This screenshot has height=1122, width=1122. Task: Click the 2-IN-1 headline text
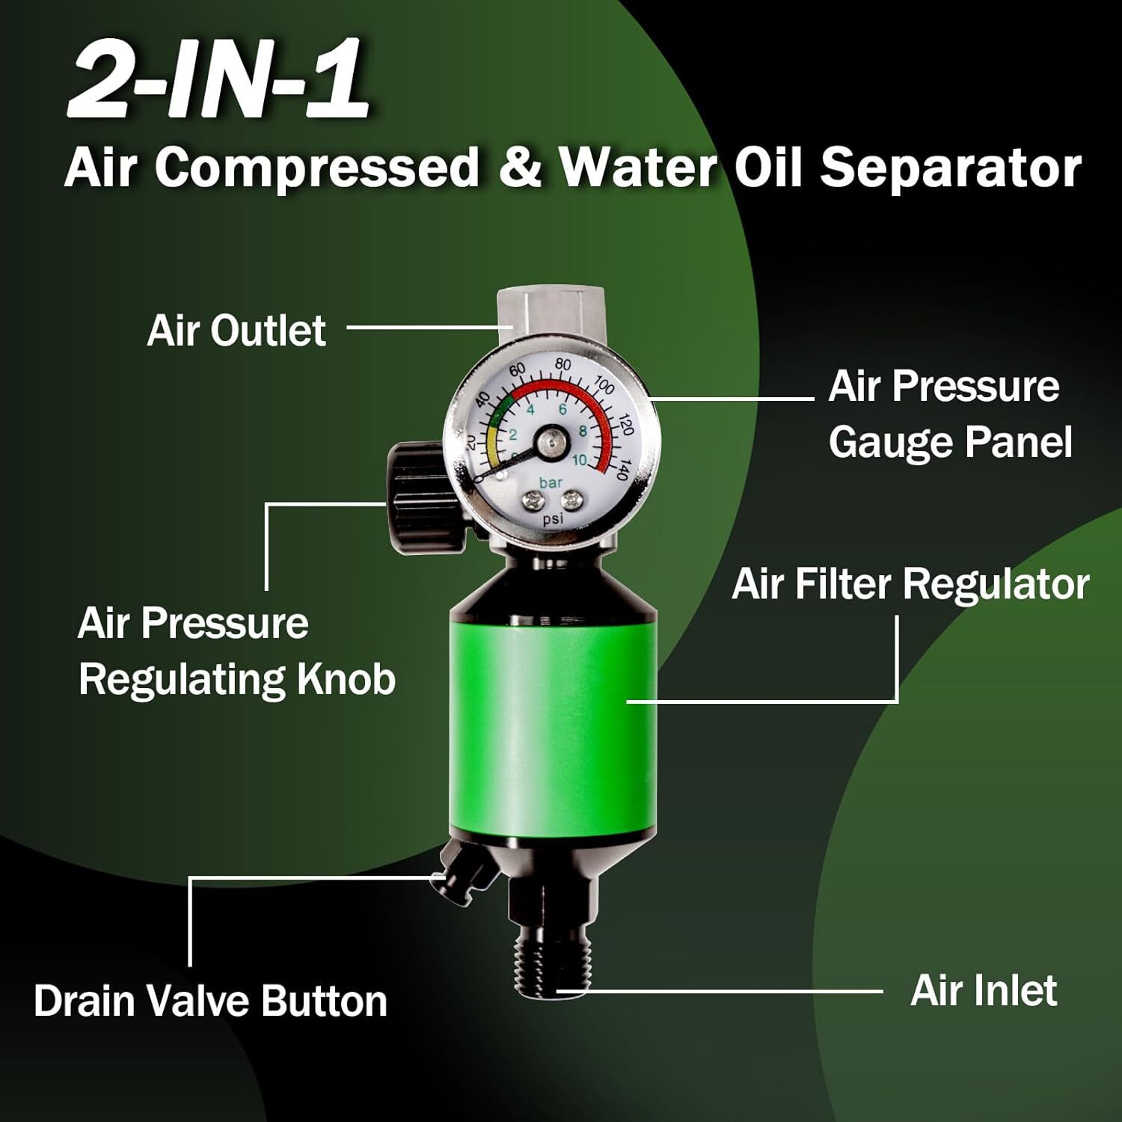pyautogui.click(x=218, y=82)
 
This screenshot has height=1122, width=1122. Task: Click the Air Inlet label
pyautogui.click(x=984, y=990)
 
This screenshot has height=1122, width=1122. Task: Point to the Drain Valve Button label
pyautogui.click(x=210, y=1000)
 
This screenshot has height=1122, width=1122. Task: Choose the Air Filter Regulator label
pyautogui.click(x=910, y=583)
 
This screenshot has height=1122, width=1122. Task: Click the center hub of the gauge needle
pyautogui.click(x=552, y=443)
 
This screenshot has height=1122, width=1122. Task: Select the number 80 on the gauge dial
pyautogui.click(x=562, y=366)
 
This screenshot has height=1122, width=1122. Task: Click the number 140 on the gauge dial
pyautogui.click(x=621, y=470)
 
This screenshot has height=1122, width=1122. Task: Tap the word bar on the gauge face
pyautogui.click(x=551, y=482)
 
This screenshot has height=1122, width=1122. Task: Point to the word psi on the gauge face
pyautogui.click(x=552, y=518)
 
